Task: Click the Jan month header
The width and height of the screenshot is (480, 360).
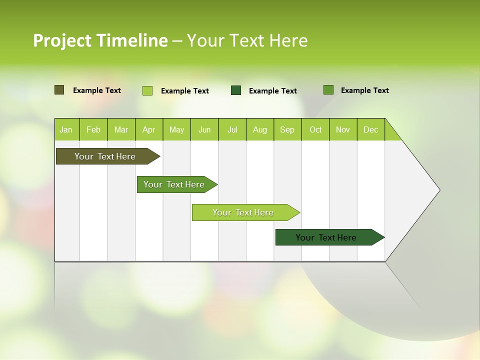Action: pos(66,129)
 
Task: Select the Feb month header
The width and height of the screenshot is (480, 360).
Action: pos(93,129)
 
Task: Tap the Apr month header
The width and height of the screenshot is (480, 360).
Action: pos(148,129)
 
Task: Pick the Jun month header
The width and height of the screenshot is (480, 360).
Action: pos(204,129)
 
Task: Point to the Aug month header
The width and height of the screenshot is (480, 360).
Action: pos(259,129)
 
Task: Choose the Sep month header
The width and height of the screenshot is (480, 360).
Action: pos(287,129)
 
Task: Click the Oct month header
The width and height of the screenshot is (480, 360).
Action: pos(315,129)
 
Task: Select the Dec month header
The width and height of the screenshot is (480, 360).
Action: pos(370,129)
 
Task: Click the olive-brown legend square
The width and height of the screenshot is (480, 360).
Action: pos(59,90)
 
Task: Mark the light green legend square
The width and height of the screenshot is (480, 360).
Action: pos(147,90)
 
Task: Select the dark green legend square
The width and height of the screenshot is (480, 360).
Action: pos(236,90)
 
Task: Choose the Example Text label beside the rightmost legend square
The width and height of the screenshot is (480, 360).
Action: pos(364,90)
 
